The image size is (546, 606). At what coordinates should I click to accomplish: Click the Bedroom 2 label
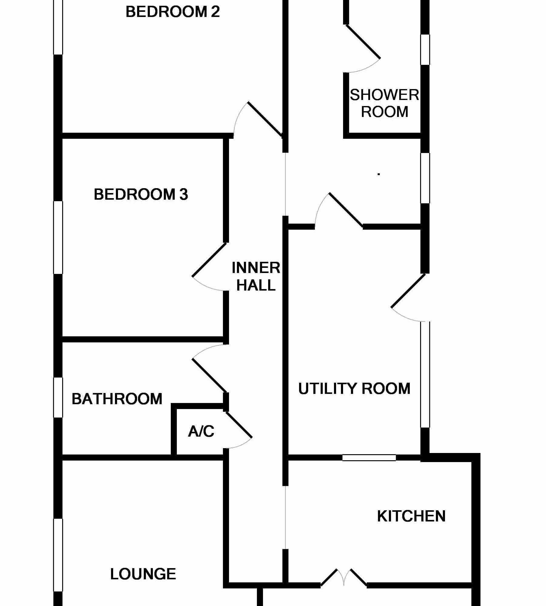172,12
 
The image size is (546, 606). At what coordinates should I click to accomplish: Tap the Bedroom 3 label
141,194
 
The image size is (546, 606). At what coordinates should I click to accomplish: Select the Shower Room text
384,103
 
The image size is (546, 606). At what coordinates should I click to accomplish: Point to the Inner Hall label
256,276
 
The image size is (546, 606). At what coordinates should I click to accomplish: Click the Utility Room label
354,388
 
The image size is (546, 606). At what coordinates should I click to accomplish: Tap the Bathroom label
117,399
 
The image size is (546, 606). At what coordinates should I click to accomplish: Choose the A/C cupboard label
201,431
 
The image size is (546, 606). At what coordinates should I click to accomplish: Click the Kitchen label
411,516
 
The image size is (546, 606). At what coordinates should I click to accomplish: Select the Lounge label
143,574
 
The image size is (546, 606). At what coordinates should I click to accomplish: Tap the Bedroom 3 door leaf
209,260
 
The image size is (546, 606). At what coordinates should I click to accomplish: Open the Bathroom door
210,376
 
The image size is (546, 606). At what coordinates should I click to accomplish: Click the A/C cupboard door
239,425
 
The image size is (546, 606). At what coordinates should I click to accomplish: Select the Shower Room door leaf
363,42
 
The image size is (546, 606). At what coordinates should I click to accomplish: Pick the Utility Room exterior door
408,291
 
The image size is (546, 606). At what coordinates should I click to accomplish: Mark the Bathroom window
58,398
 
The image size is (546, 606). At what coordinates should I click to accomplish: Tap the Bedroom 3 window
58,237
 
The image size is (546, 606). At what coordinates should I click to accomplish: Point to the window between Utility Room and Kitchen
369,458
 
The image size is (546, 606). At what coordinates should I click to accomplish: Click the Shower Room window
425,49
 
